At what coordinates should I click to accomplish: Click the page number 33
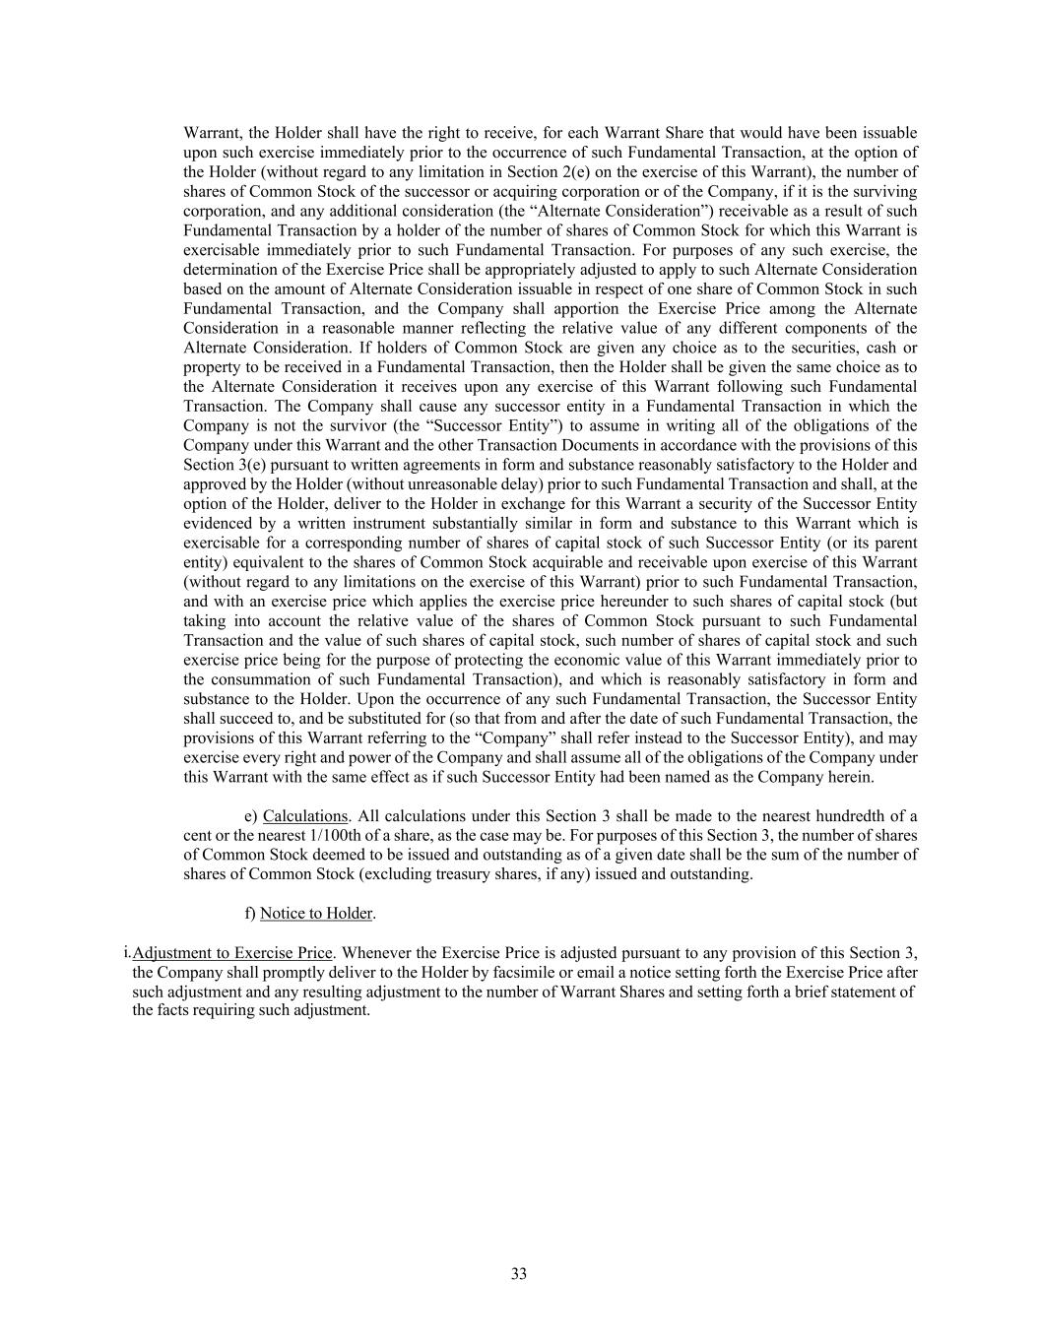[x=519, y=1274]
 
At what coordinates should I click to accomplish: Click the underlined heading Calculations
[x=305, y=816]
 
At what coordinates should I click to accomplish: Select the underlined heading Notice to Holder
[x=316, y=914]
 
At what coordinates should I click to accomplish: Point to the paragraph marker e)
[x=250, y=816]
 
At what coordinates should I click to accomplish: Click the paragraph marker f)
[x=250, y=914]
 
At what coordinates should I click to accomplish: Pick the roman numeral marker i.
[x=127, y=952]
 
